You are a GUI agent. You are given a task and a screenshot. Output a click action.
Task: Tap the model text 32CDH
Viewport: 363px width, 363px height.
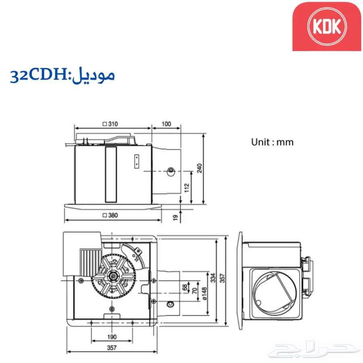pos(40,75)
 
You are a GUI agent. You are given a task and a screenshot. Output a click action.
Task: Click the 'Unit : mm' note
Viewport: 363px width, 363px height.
pos(272,142)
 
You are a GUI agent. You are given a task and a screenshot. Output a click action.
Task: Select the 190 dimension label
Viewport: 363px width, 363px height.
pos(112,337)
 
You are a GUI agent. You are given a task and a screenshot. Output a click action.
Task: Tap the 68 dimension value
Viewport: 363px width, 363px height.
pos(185,288)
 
